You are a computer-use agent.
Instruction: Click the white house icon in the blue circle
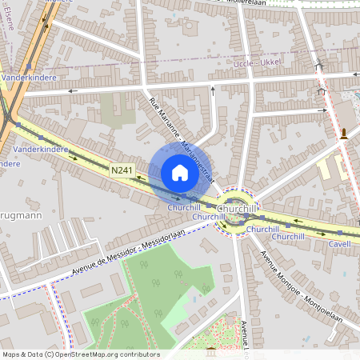180,172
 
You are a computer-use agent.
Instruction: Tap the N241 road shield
122,170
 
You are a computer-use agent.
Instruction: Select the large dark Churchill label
238,209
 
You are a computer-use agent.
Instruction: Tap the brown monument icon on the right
344,133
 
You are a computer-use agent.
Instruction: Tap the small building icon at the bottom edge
210,353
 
